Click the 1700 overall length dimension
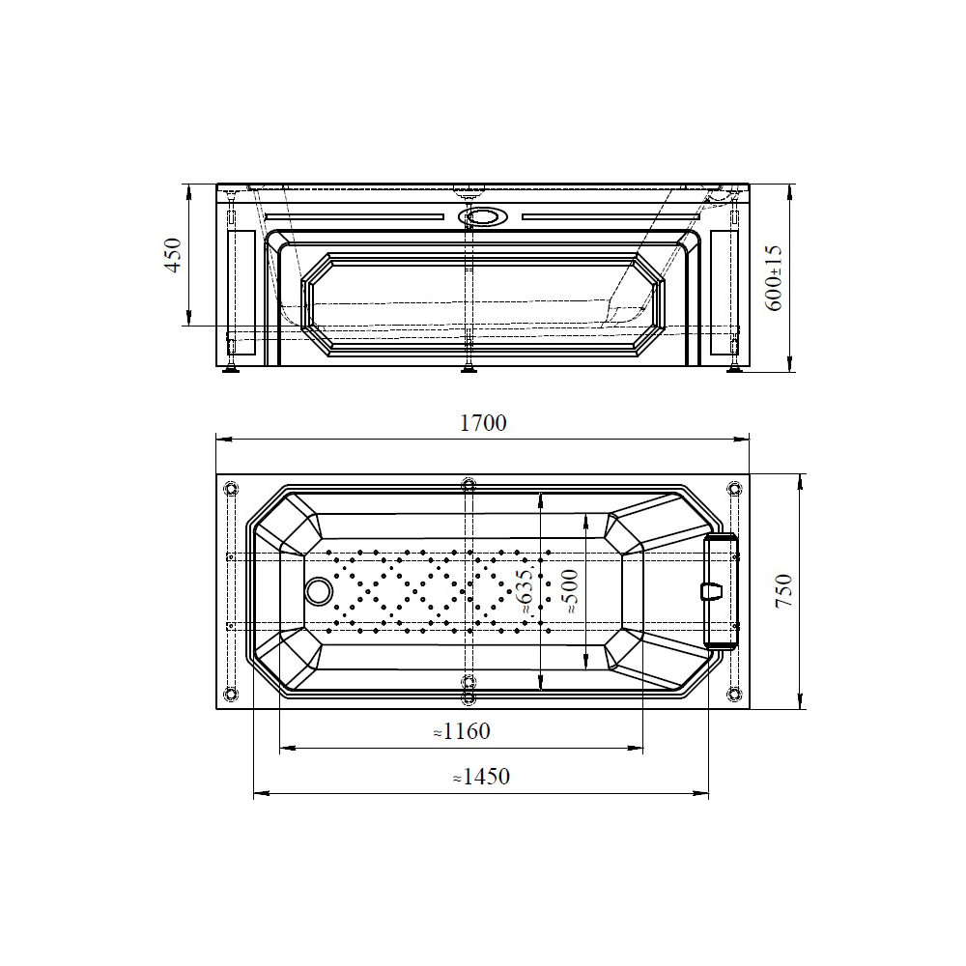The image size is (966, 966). [x=484, y=423]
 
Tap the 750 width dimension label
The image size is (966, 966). [x=783, y=591]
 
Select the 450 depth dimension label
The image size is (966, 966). [x=174, y=255]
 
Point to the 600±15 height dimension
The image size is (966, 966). [x=774, y=278]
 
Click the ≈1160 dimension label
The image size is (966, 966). [x=462, y=731]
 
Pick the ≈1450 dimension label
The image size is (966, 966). [x=481, y=777]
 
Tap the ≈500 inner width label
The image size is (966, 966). [x=571, y=591]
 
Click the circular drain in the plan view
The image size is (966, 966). [x=318, y=591]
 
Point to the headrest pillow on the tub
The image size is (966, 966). [x=721, y=591]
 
